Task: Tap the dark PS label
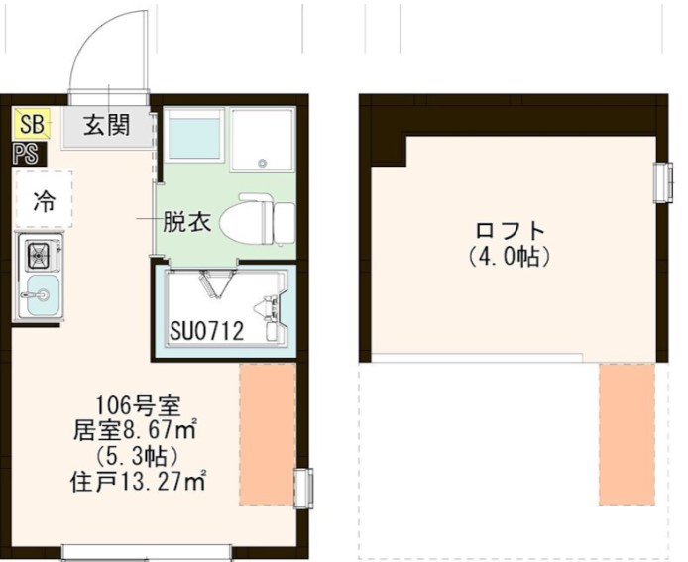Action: click(27, 153)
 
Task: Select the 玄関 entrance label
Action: click(106, 125)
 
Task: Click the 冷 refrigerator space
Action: click(45, 199)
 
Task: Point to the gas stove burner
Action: click(41, 256)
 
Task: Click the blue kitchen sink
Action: click(41, 294)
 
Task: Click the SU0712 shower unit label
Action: click(207, 331)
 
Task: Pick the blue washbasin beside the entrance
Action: click(195, 137)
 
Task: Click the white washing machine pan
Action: click(263, 138)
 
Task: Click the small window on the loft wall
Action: click(661, 181)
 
